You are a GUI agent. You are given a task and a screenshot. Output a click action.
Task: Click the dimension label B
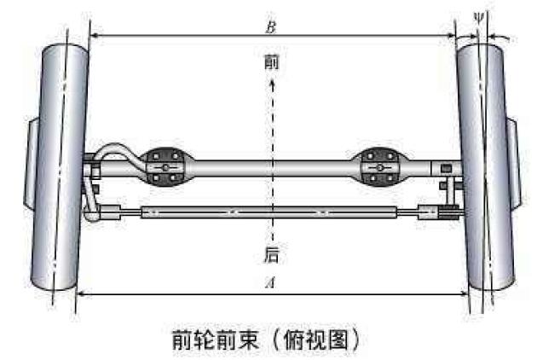tap(270, 28)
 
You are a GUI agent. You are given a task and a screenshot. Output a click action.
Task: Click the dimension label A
tap(270, 283)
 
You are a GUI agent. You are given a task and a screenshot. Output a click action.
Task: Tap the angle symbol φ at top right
tap(478, 18)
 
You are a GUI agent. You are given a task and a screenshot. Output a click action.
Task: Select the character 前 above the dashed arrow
tap(272, 62)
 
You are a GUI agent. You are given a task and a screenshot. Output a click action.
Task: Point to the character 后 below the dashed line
tap(271, 255)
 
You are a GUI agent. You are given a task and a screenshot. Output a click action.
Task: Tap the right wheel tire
tap(486, 167)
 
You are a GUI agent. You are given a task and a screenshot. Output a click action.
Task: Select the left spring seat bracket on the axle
tap(165, 167)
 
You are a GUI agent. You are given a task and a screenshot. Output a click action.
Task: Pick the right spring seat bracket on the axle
tap(380, 167)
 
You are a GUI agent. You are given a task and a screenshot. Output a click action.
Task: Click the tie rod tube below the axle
tap(269, 212)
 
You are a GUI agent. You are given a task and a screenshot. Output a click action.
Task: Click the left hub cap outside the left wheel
tap(32, 162)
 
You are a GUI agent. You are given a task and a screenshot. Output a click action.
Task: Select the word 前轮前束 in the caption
tap(215, 340)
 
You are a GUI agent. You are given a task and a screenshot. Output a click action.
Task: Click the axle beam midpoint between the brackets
tap(273, 168)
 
